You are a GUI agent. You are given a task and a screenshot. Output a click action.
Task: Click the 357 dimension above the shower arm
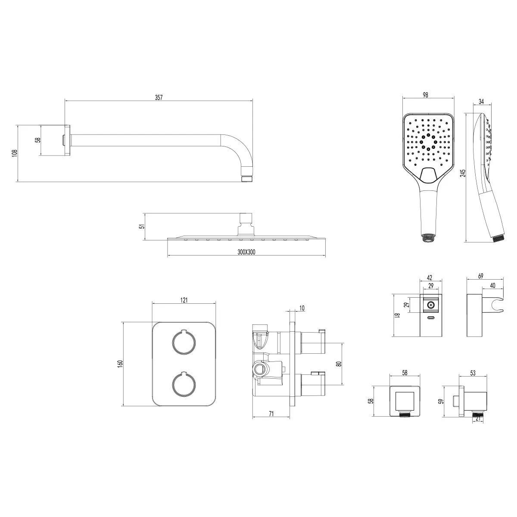(159, 97)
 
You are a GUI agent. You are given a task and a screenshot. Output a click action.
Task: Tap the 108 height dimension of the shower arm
(15, 153)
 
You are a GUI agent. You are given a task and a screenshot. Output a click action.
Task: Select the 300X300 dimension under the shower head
(246, 252)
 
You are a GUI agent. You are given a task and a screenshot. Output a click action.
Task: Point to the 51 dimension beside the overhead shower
(143, 226)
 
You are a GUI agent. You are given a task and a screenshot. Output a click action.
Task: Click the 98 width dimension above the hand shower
(425, 95)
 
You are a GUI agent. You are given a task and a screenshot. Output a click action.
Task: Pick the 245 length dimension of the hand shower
(463, 173)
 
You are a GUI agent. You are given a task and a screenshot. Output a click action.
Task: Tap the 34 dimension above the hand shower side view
(481, 101)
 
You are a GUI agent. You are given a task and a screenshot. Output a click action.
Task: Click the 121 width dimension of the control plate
(184, 300)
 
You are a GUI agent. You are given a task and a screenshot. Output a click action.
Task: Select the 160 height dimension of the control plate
(121, 364)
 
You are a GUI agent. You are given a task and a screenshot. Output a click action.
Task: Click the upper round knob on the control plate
(184, 343)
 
